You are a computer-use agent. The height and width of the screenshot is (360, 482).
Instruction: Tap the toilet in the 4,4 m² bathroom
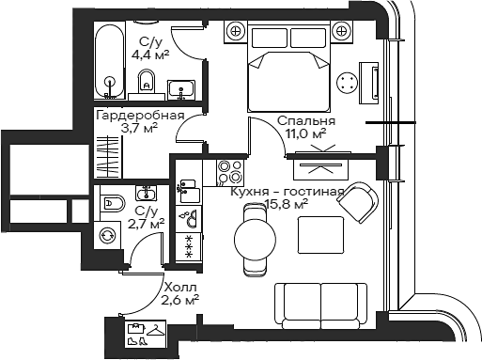(144, 88)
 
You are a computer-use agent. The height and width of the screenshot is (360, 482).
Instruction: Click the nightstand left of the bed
(233, 32)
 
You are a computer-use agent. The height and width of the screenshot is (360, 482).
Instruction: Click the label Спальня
(301, 121)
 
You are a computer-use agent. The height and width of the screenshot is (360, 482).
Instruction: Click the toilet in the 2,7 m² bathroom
(112, 201)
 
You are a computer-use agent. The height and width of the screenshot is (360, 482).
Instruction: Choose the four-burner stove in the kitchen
(229, 171)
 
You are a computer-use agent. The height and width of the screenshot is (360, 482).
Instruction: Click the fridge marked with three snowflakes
(189, 247)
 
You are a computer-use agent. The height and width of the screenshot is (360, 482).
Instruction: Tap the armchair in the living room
(362, 199)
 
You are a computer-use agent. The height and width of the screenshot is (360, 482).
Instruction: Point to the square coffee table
(316, 232)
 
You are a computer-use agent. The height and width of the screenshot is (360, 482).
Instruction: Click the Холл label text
(179, 287)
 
